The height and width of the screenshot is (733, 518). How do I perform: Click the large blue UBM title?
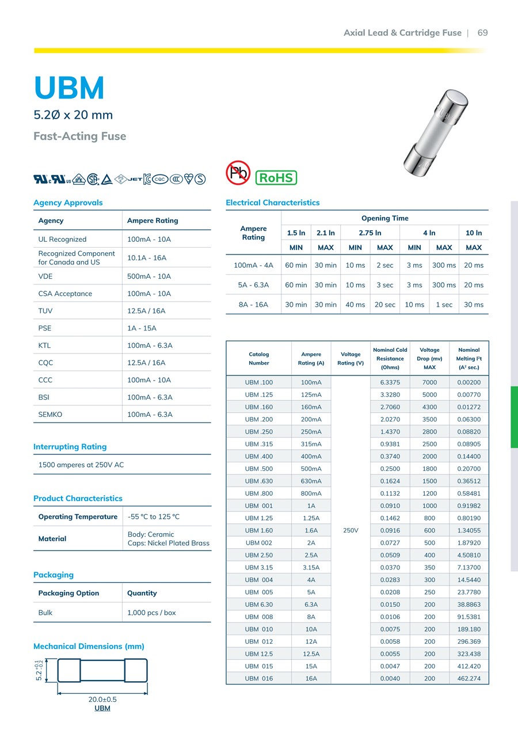pos(69,89)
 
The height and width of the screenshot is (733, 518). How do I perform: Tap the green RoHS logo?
pos(276,177)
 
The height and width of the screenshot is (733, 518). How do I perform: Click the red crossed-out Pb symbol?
pos(237,173)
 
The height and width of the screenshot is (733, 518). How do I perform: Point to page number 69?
pos(482,33)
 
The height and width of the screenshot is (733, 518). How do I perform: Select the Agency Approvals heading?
pos(68,203)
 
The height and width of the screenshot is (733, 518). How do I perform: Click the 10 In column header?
pos(474,233)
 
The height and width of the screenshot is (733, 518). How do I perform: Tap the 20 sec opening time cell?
pos(385,305)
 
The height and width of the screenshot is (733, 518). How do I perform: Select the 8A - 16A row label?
pos(253,305)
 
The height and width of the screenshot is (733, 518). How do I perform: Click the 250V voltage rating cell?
pos(351,530)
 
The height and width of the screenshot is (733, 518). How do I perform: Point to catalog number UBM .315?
pos(259,444)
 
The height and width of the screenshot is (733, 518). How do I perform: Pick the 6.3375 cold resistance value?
pos(390,382)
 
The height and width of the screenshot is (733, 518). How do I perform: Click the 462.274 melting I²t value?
pos(469,678)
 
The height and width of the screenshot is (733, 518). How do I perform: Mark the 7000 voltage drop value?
pos(429,382)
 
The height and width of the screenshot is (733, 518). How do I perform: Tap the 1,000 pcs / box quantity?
pos(151,613)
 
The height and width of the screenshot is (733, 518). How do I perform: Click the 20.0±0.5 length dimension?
pos(102,700)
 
